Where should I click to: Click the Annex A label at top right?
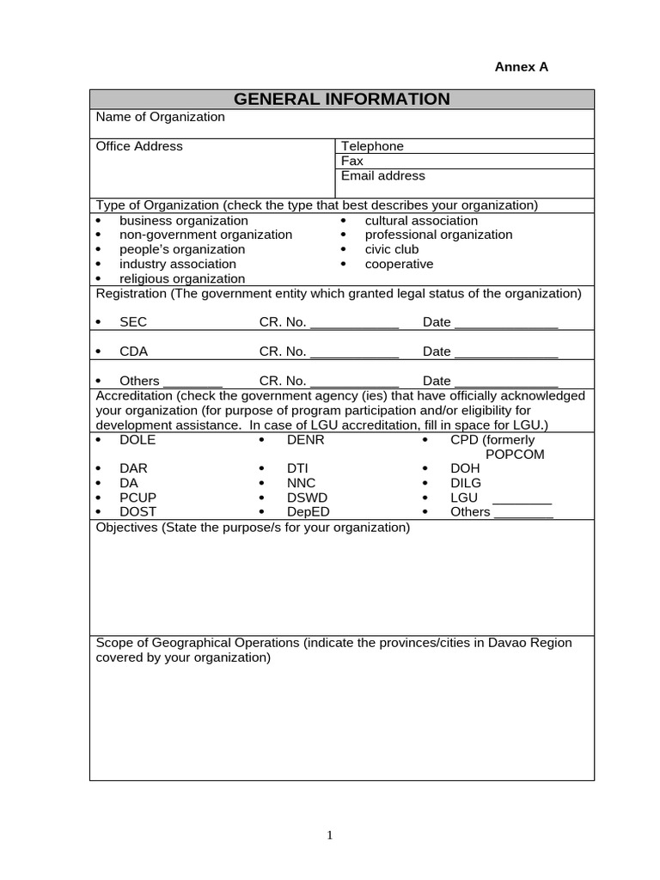(521, 67)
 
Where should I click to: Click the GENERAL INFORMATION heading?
(341, 99)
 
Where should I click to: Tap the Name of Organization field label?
(160, 117)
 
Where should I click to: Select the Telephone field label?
(372, 146)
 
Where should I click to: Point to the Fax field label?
(352, 161)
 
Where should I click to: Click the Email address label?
(383, 175)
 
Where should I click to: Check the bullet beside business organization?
(99, 221)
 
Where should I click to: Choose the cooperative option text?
(399, 264)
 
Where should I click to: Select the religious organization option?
(181, 278)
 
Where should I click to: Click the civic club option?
(392, 249)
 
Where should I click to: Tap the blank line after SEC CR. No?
(354, 324)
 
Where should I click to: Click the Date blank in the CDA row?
(506, 353)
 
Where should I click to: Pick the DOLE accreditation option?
(137, 440)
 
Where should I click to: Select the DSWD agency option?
(307, 498)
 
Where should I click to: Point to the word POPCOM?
(515, 455)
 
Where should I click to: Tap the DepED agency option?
(308, 512)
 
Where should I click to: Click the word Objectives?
(126, 527)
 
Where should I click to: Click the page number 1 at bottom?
(329, 835)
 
